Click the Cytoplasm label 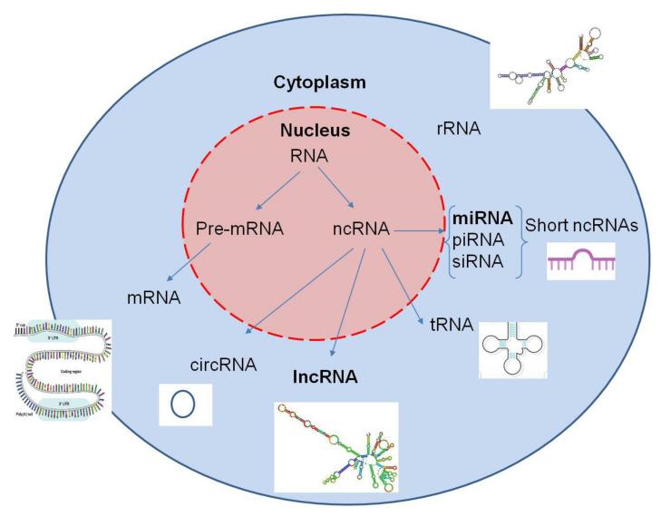(320, 83)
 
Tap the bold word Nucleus (314, 131)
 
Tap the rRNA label (457, 129)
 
